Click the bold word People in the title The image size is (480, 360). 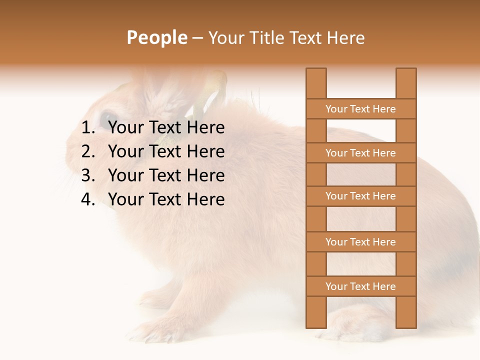click(157, 38)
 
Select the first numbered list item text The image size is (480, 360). click(166, 128)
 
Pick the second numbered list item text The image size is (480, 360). click(166, 151)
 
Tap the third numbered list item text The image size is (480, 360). click(166, 175)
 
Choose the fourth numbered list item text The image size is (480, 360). click(166, 199)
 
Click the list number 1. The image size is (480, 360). click(87, 128)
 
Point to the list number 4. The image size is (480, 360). click(87, 199)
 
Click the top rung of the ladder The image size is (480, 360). click(360, 109)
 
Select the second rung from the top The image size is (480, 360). click(360, 153)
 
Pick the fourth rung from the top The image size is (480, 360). click(360, 242)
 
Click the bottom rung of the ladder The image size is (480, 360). click(360, 286)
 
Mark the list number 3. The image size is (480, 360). click(87, 175)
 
